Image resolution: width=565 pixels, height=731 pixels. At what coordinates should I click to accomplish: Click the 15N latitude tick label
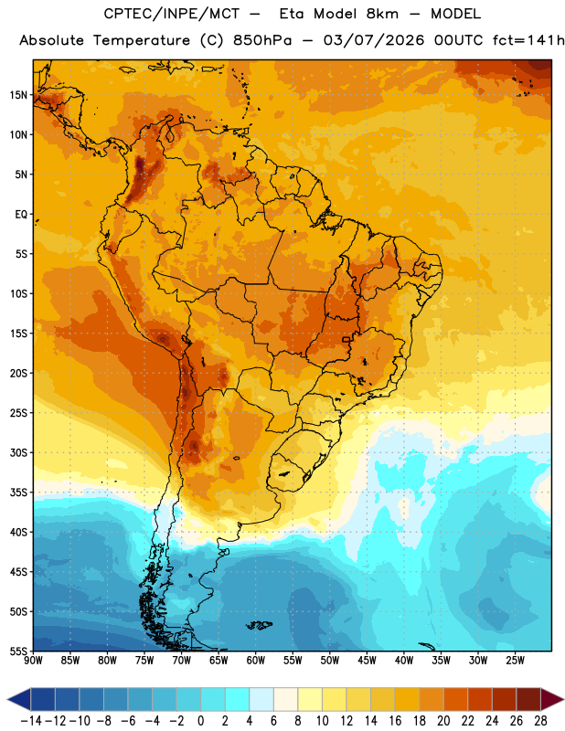18,95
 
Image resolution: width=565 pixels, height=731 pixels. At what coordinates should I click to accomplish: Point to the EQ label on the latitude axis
21,215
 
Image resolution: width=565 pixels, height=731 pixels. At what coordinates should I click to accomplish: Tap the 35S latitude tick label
18,493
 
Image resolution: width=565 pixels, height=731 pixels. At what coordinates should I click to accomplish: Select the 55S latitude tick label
18,651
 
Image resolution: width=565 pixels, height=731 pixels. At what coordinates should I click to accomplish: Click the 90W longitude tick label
34,660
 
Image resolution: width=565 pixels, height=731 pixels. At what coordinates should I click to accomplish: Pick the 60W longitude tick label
256,660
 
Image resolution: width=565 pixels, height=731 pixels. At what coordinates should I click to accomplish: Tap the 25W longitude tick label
515,660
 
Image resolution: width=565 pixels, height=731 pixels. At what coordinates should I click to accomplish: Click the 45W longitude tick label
368,660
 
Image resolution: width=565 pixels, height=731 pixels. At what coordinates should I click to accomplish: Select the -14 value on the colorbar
31,721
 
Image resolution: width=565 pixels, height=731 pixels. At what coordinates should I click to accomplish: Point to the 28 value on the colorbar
540,721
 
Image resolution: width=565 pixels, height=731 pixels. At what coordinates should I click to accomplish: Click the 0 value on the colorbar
201,721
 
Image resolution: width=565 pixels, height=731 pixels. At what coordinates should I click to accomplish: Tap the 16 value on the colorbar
395,721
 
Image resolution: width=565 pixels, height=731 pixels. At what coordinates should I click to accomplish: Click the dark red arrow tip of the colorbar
563,699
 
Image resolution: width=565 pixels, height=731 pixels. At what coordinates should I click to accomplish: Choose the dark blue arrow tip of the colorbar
8,699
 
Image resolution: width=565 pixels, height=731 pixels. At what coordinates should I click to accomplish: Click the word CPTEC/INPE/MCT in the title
172,14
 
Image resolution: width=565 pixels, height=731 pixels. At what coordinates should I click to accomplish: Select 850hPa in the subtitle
262,40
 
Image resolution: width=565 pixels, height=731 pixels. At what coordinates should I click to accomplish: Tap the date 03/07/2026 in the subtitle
374,40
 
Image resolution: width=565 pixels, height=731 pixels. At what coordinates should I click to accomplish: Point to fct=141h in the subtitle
528,40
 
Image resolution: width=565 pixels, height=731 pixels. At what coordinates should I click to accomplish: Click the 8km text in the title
382,14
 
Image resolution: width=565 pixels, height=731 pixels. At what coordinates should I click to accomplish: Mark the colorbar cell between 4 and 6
261,699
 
